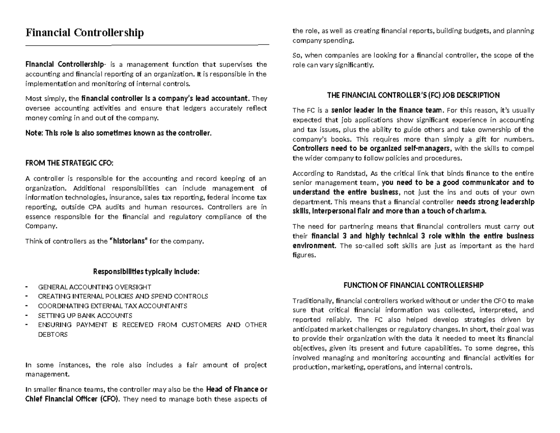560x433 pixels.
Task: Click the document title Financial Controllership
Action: click(84, 33)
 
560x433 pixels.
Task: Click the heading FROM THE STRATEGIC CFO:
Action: click(69, 163)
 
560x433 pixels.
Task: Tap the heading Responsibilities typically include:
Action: click(146, 271)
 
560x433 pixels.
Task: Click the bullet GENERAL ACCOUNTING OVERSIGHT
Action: click(94, 287)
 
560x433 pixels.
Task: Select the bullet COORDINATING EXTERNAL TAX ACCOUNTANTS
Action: click(112, 306)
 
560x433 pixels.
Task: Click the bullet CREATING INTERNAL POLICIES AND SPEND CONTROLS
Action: click(123, 296)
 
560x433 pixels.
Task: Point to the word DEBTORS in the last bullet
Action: click(53, 334)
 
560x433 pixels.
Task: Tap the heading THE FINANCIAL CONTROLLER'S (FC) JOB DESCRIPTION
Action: click(413, 95)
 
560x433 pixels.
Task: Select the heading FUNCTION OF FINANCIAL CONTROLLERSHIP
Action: click(413, 285)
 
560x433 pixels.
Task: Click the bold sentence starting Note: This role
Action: click(118, 133)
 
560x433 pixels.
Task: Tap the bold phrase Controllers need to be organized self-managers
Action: click(371, 149)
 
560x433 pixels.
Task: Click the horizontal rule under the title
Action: click(146, 45)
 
